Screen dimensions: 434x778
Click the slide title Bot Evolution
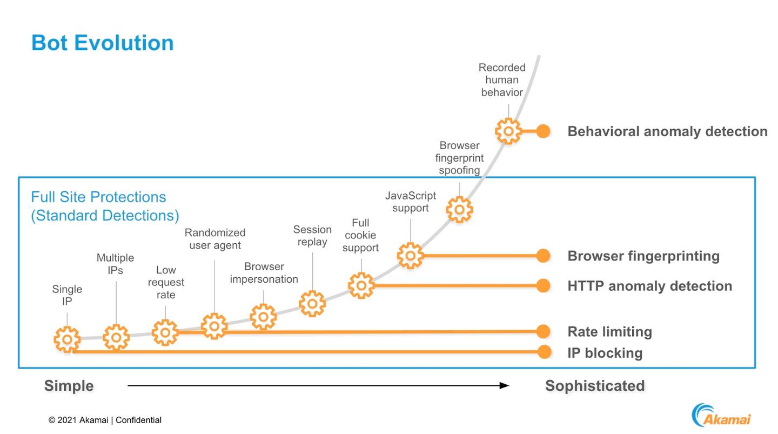point(102,43)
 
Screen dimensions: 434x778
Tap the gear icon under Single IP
point(67,339)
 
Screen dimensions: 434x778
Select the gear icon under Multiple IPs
point(116,338)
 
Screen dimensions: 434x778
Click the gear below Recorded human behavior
point(508,131)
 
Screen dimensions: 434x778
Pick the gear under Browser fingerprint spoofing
point(459,209)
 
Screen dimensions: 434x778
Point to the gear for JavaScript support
point(410,255)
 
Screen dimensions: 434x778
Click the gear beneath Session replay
point(312,303)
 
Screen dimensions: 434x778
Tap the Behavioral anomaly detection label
point(667,131)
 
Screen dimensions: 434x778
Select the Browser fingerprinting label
point(643,256)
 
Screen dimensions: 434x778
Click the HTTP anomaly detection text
point(649,286)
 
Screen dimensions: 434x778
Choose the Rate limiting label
point(609,331)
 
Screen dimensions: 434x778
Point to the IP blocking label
point(605,353)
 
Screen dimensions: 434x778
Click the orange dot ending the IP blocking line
point(544,352)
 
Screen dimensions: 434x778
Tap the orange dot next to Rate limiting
point(544,331)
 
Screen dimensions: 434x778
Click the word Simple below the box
point(69,386)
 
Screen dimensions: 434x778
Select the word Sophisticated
point(595,386)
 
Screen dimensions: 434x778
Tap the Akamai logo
point(721,415)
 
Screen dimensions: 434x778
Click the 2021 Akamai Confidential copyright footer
point(105,420)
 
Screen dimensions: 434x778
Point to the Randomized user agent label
point(215,239)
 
